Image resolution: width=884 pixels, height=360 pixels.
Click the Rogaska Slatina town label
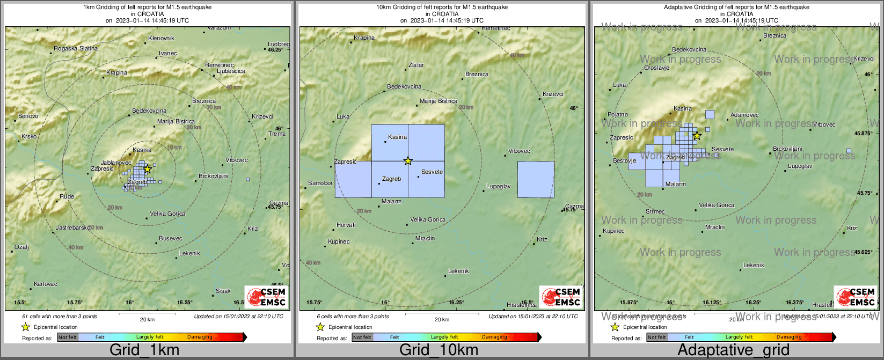point(76,49)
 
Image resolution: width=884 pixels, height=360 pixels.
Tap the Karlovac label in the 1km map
point(46,284)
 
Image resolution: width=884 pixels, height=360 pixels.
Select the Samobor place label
point(320,183)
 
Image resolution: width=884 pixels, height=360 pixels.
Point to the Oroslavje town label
point(656,68)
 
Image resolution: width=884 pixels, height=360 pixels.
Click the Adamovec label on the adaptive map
point(744,115)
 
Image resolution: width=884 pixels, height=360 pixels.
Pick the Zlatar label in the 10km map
point(416,65)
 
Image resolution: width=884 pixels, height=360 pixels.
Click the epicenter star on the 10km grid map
point(408,161)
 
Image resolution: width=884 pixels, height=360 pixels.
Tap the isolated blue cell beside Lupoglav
point(536,179)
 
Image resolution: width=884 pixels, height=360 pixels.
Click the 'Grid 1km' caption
point(144,350)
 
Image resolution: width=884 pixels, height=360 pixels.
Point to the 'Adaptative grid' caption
point(733,350)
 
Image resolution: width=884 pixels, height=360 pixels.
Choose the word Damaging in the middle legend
point(494,337)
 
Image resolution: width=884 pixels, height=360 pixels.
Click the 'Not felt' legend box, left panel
point(68,337)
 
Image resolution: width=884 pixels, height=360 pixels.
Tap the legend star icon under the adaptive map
point(615,327)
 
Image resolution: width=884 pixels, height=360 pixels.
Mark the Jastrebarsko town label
point(73,228)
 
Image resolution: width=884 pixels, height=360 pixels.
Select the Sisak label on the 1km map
point(223,291)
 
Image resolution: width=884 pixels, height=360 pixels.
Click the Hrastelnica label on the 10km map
point(522,305)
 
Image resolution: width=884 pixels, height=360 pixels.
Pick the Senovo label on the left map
point(28,116)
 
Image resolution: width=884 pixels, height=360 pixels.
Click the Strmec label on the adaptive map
point(655,212)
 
